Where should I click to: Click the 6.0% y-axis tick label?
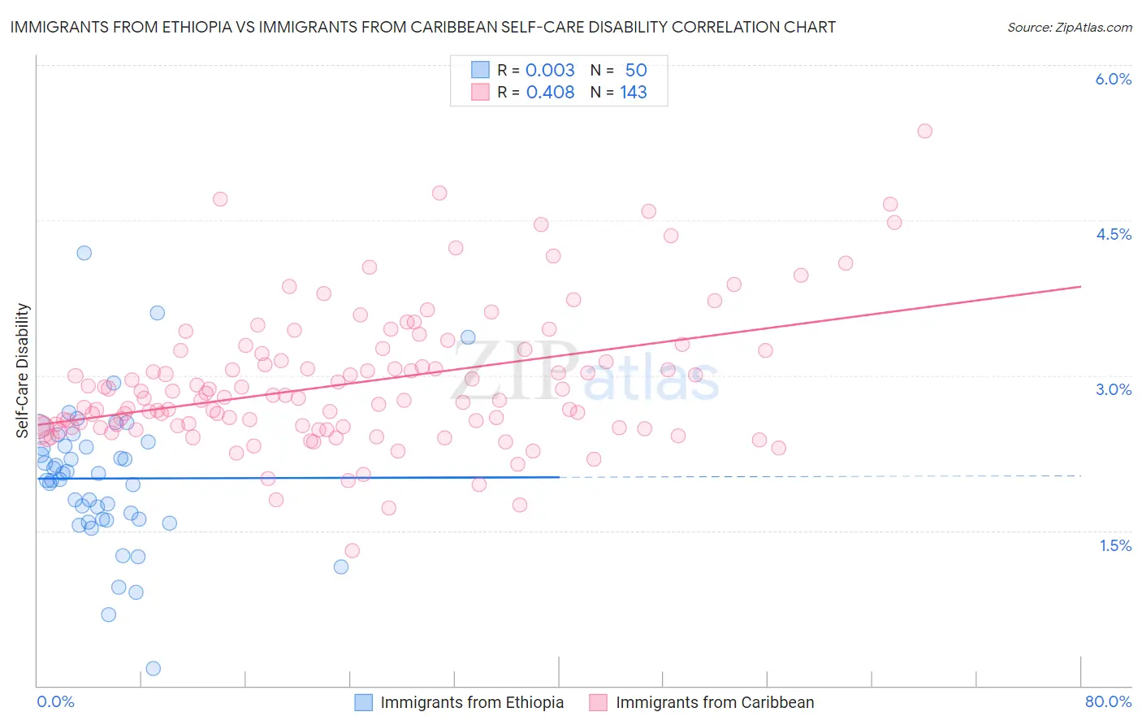tap(1113, 79)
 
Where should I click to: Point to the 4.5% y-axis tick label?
tap(1113, 234)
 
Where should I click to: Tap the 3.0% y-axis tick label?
tap(1113, 389)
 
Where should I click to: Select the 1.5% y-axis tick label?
tap(1115, 545)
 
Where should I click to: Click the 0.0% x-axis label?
tap(55, 701)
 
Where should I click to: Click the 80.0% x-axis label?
tap(1108, 701)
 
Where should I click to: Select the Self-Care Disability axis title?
tap(23, 371)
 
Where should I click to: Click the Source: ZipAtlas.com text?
tap(1069, 28)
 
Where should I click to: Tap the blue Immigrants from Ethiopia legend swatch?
tap(363, 702)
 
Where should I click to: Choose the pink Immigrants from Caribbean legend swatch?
tap(599, 702)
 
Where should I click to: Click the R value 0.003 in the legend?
tap(550, 70)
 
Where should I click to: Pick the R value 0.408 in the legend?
tap(550, 93)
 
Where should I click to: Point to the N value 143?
tap(634, 93)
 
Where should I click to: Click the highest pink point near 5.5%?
tap(924, 131)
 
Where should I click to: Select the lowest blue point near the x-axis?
tap(153, 668)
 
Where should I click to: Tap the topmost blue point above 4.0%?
tap(84, 253)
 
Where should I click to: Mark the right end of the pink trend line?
tap(1080, 287)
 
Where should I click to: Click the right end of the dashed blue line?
tap(1080, 475)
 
